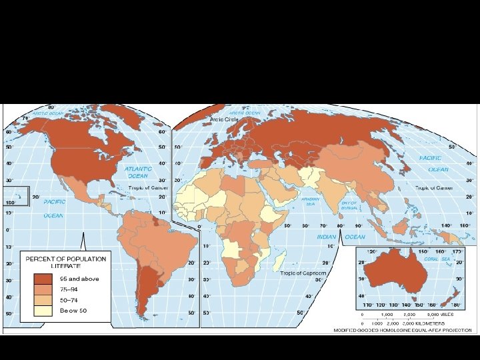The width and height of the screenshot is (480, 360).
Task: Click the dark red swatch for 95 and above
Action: pos(45,278)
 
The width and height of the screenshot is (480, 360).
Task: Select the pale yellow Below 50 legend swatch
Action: pos(45,310)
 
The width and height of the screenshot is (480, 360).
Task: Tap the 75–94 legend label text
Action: pos(70,289)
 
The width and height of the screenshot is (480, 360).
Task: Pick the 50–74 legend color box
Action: pos(45,299)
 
